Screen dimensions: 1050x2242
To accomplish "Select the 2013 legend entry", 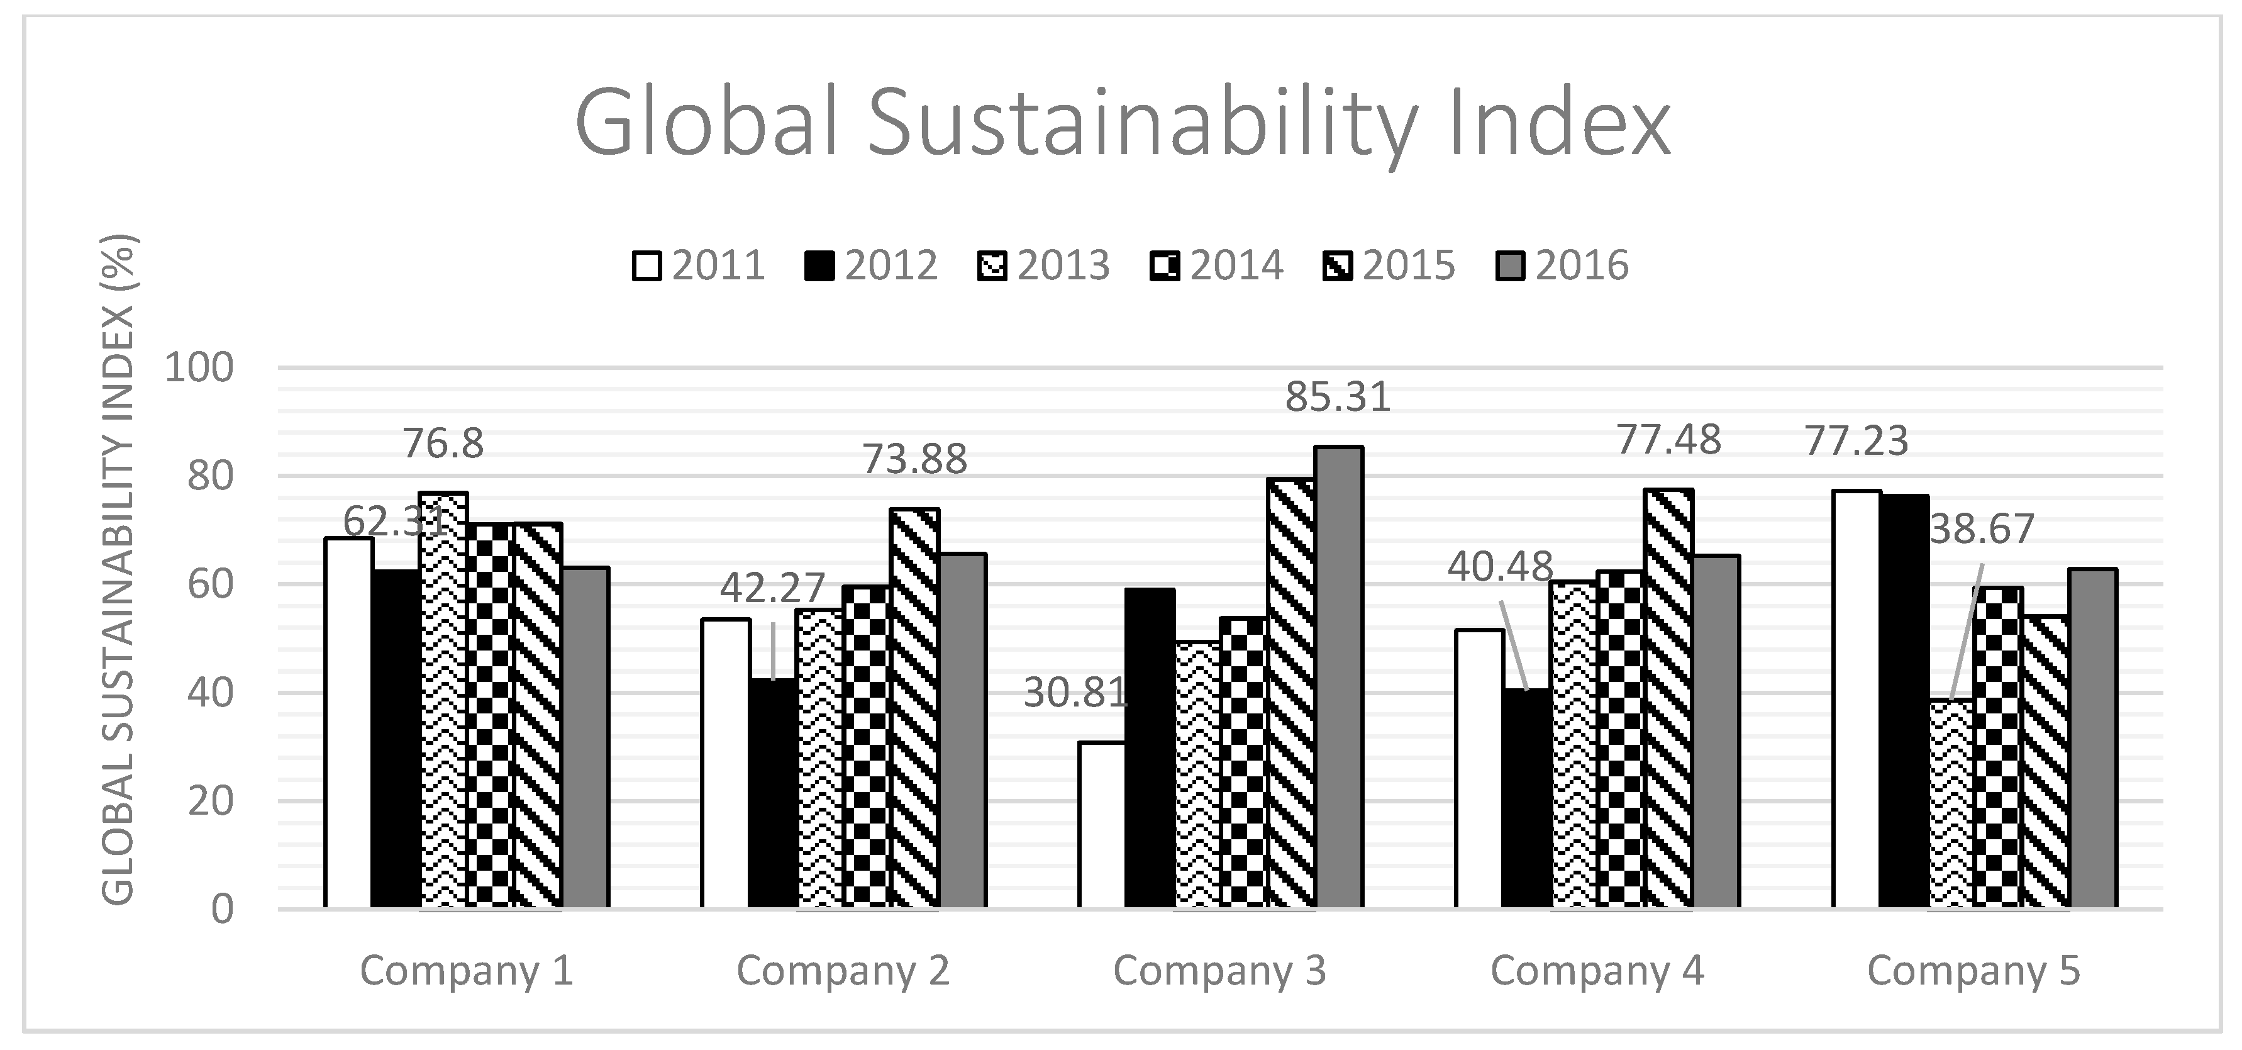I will point(1045,265).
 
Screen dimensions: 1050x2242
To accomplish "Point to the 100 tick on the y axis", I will point(199,368).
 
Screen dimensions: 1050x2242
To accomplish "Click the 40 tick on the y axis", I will point(211,694).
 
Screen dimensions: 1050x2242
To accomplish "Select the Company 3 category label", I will point(1219,971).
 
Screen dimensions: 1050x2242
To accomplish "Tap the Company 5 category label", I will point(1973,971).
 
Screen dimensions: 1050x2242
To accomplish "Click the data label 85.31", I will point(1338,397).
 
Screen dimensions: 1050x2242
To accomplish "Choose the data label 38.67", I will point(1982,529).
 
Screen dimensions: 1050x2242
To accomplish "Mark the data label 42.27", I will point(772,589).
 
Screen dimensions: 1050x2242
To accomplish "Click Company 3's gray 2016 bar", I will point(1338,679).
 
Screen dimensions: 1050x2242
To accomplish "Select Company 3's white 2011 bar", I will point(1102,825).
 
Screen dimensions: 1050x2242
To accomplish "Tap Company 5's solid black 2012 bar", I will point(1904,701).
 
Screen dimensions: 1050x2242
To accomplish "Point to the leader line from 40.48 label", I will point(1514,644).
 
